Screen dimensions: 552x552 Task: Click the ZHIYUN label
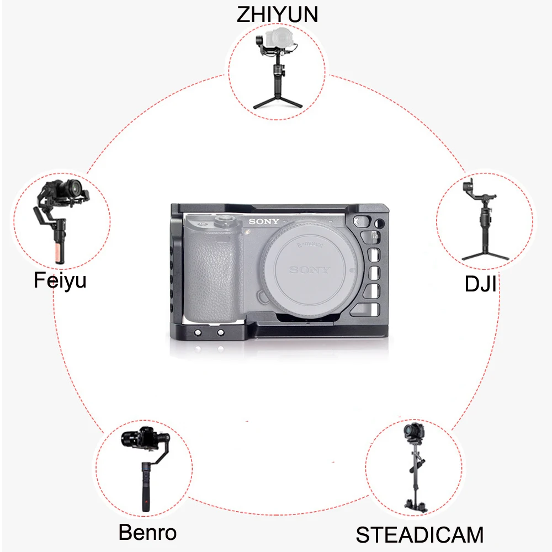(x=277, y=14)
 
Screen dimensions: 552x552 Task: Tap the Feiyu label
(x=60, y=280)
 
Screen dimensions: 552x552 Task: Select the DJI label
(x=480, y=285)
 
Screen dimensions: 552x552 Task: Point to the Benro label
(x=147, y=533)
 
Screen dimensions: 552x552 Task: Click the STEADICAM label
(x=420, y=535)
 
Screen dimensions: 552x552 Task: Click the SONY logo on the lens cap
(x=310, y=270)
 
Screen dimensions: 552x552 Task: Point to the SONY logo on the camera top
(x=263, y=222)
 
